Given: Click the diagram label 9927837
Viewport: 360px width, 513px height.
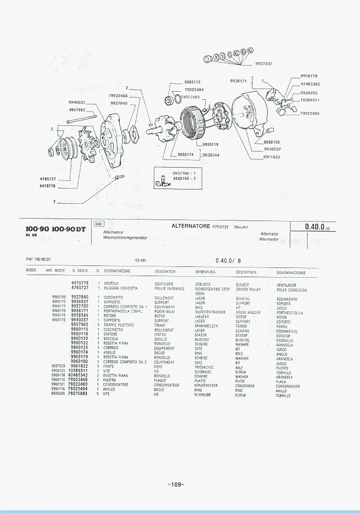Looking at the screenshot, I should coord(264,64).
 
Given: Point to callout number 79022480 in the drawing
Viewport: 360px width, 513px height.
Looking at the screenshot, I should coord(310,113).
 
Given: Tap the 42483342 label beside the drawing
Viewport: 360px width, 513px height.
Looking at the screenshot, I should coord(310,84).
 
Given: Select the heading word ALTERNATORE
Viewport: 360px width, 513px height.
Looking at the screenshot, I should coord(191,226).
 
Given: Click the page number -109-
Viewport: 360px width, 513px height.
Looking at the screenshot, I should coord(176,484).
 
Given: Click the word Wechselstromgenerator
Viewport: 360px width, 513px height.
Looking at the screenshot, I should coord(125,238).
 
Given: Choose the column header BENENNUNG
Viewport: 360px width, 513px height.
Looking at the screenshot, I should coord(206,272).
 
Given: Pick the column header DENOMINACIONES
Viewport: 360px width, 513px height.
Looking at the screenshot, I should coord(291,273).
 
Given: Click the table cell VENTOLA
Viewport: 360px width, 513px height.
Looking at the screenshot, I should coord(111,283).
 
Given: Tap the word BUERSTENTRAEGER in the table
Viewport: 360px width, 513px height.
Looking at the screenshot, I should coord(210,312).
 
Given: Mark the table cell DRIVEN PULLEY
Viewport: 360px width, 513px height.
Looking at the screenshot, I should coord(248,289).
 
